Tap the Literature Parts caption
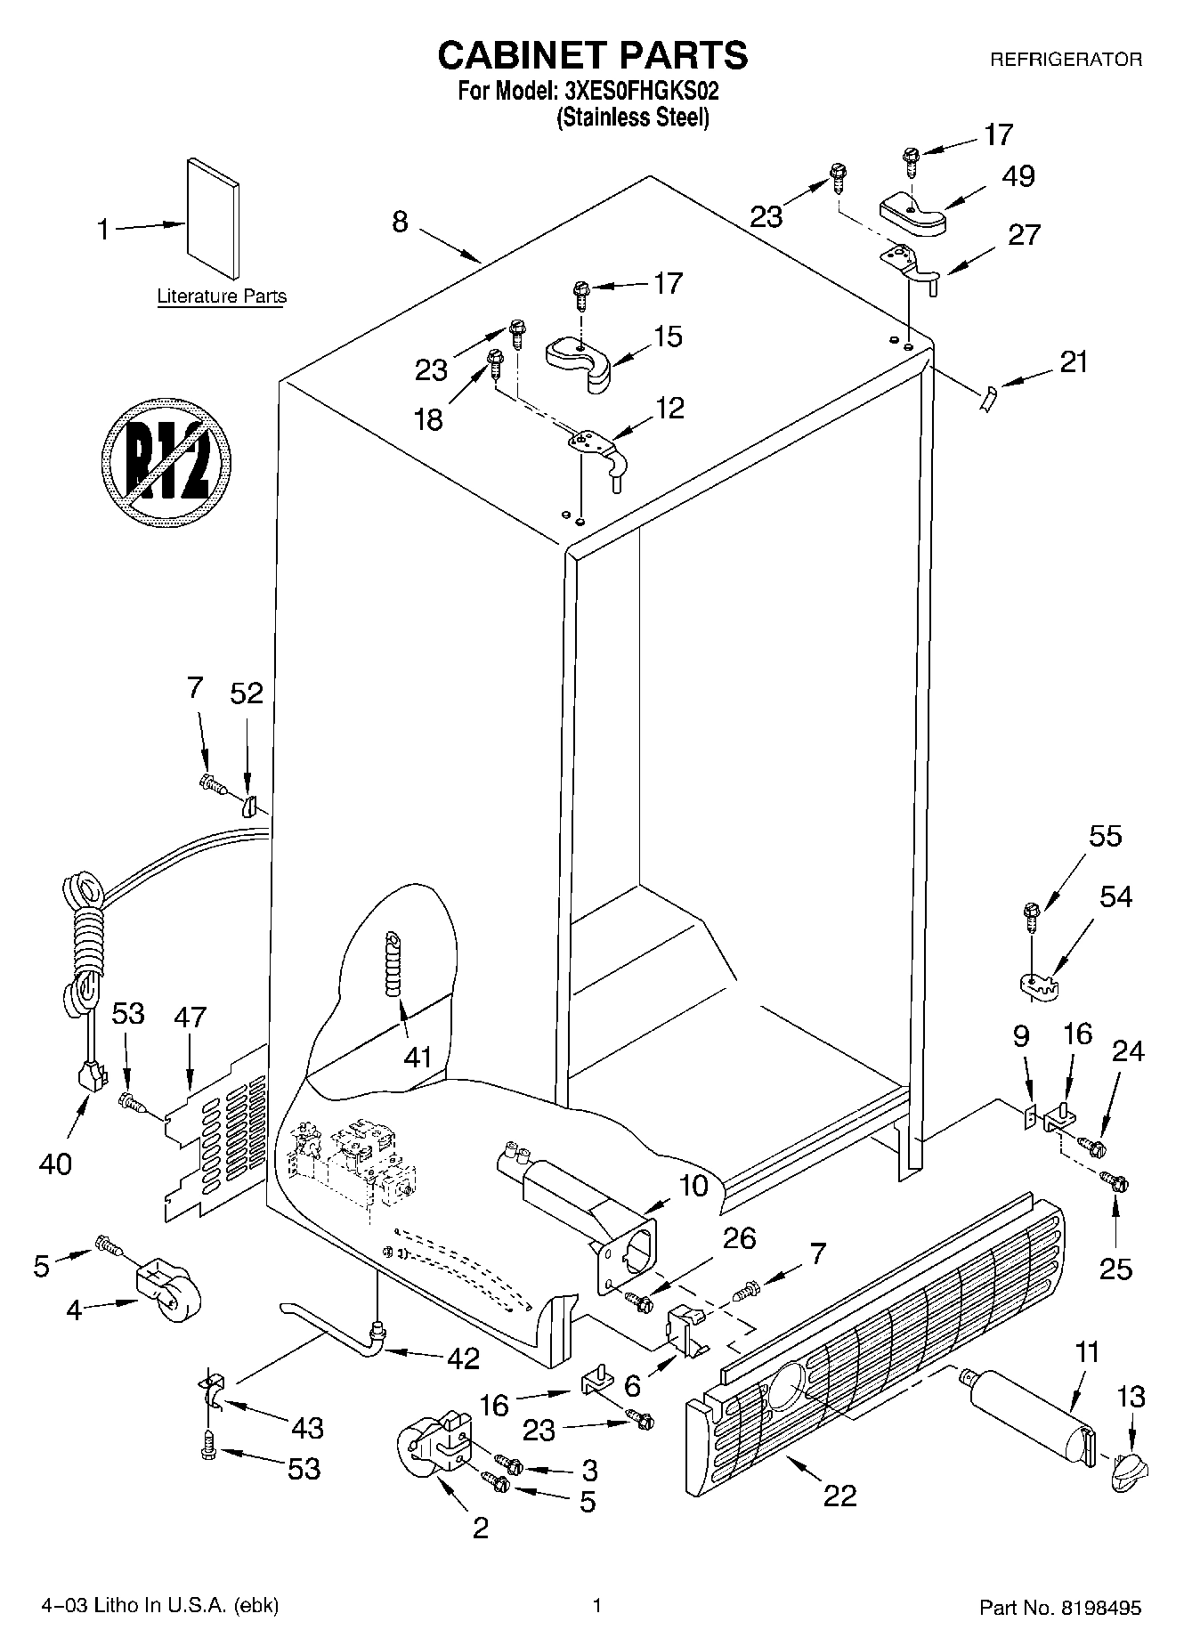[222, 296]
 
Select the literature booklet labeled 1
[213, 218]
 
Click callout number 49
[1018, 176]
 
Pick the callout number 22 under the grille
[839, 1495]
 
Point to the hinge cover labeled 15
[578, 359]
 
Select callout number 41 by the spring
[417, 1057]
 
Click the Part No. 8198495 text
[1060, 1608]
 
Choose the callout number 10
[694, 1186]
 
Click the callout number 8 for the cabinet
[400, 221]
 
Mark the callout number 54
[1115, 896]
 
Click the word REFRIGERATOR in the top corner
[1066, 60]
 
